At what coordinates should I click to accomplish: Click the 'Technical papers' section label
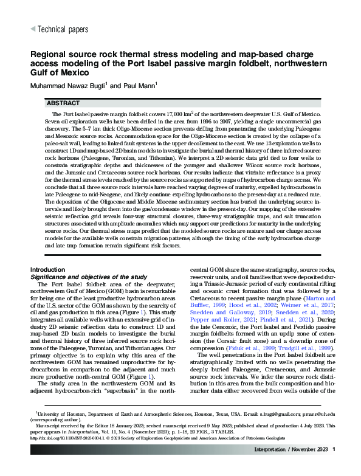pyautogui.click(x=63, y=29)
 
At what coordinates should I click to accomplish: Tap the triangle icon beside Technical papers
pyautogui.click(x=32, y=29)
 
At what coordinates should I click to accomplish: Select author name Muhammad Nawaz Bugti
pyautogui.click(x=68, y=85)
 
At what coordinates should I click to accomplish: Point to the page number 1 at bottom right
pyautogui.click(x=334, y=449)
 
